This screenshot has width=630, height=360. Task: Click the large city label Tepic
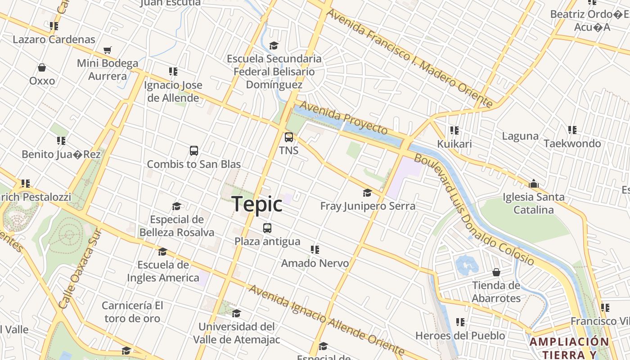[257, 204]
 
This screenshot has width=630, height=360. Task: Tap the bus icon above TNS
[289, 137]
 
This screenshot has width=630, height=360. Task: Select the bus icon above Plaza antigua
[267, 228]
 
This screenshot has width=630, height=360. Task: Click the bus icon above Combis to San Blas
[194, 151]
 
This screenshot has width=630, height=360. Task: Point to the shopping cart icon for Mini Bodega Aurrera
[107, 50]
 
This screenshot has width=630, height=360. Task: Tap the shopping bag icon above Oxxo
[42, 68]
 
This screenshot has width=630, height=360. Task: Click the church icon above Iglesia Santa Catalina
[534, 184]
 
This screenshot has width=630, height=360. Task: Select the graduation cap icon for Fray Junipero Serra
[368, 193]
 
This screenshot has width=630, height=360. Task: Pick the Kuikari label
[454, 144]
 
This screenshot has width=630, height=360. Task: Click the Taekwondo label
[572, 144]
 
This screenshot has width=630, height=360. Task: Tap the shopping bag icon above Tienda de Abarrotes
[496, 272]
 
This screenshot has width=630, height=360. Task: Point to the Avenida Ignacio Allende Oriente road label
[326, 319]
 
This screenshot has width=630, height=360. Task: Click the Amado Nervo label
[315, 263]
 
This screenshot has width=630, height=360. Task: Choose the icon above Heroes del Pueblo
[460, 322]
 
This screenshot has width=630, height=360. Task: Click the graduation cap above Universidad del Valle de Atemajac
[236, 313]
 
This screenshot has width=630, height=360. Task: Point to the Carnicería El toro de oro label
[132, 312]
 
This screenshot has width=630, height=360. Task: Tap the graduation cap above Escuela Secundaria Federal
[274, 45]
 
